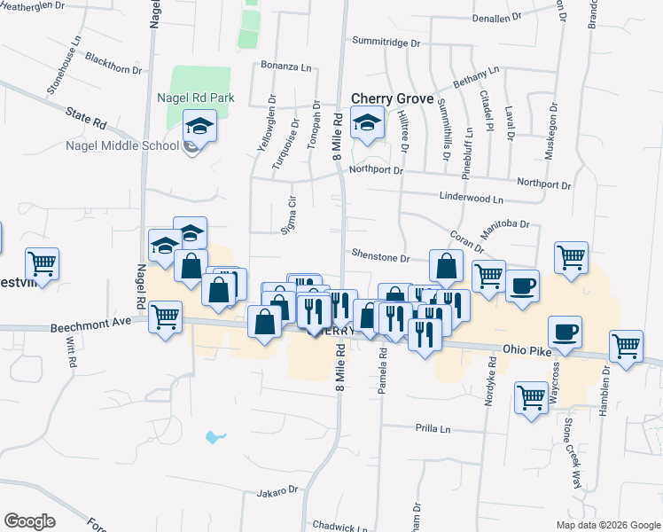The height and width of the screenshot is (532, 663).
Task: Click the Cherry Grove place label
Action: [x=392, y=99]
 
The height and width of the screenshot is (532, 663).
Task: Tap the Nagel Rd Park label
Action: [x=191, y=98]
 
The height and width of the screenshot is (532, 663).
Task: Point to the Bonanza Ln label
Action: [x=286, y=66]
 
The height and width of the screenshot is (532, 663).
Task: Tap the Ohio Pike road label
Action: [x=526, y=350]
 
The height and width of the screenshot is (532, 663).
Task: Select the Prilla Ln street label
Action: [x=433, y=428]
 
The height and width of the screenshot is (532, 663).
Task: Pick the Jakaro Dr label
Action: [x=277, y=491]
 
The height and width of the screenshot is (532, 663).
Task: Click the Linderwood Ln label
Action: [x=471, y=200]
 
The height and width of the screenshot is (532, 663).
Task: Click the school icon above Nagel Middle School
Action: [x=200, y=127]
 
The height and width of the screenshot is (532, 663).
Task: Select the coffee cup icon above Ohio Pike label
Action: [x=564, y=332]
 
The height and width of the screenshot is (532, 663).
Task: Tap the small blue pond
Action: [x=213, y=436]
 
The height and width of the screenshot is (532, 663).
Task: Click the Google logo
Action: [x=30, y=521]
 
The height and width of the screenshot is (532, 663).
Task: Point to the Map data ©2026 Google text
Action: [x=608, y=525]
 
